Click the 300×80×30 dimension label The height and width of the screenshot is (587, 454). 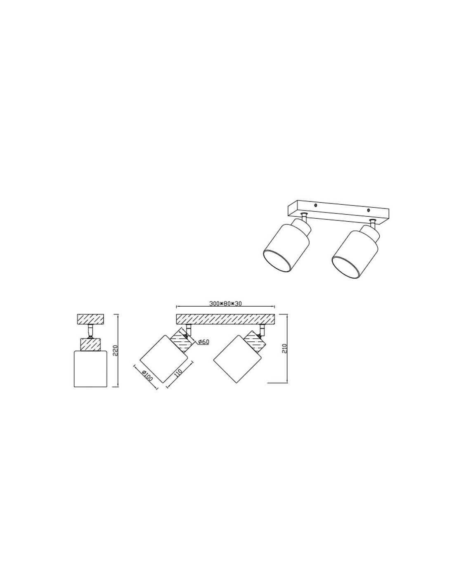point(225,303)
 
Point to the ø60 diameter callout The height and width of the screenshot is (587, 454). point(204,342)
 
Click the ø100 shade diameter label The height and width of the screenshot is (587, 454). point(147,375)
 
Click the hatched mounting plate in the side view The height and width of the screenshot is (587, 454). point(91,319)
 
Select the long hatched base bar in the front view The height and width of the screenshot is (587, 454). point(225,319)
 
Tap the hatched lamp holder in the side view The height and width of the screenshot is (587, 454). point(91,344)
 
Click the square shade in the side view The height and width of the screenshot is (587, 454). point(91,369)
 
